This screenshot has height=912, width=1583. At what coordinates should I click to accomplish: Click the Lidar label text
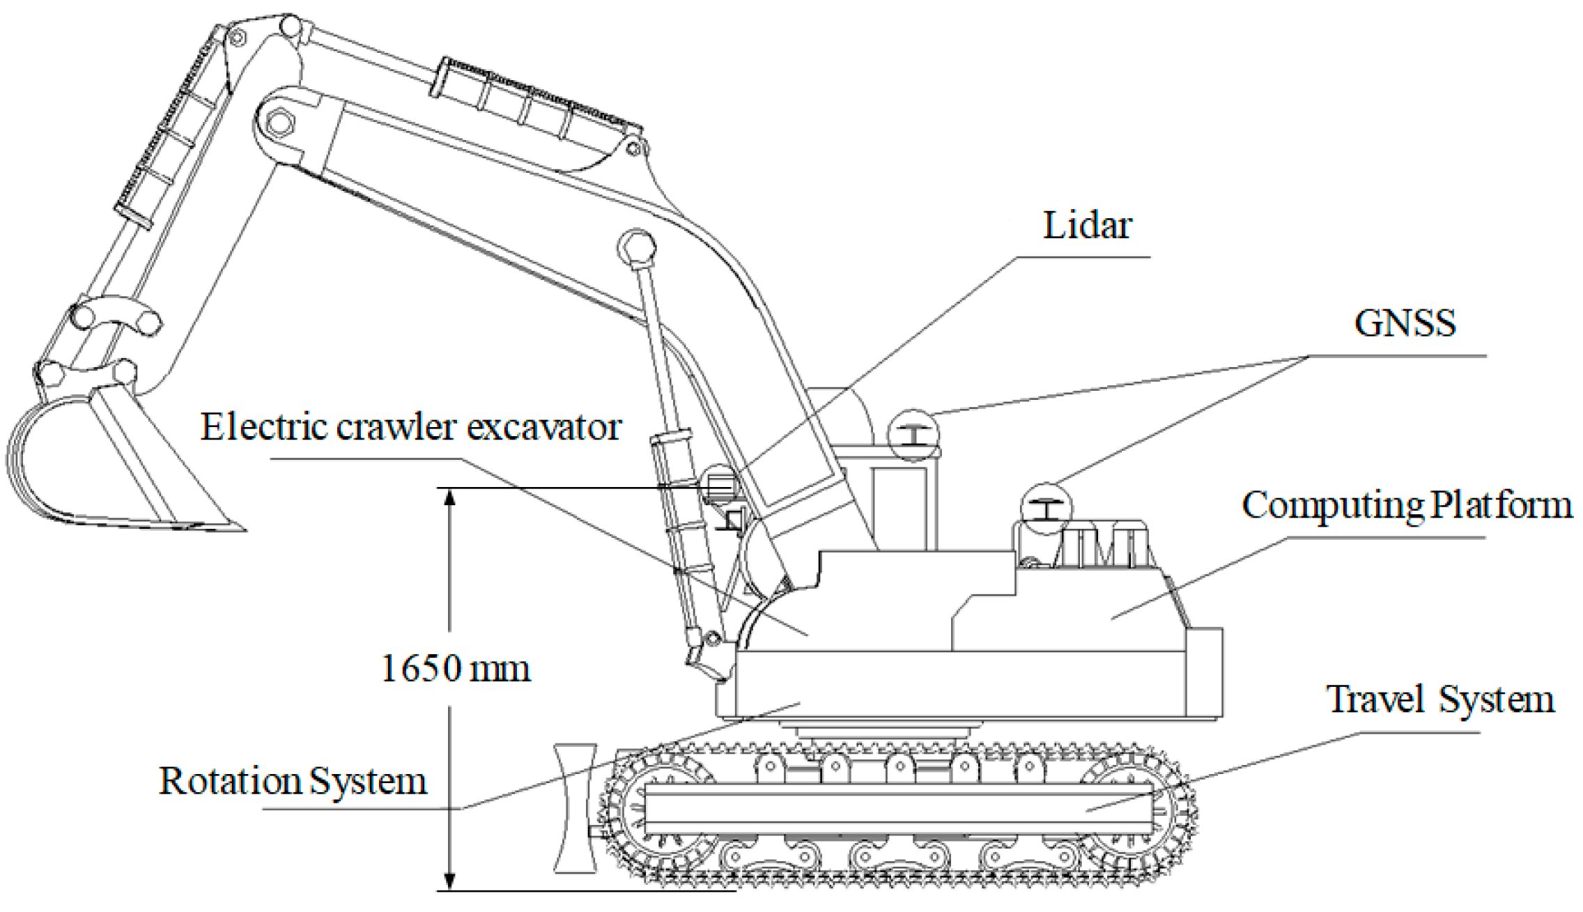pyautogui.click(x=1086, y=226)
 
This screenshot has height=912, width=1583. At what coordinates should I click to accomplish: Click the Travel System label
pyautogui.click(x=1439, y=700)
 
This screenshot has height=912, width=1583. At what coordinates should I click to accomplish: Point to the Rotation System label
pyautogui.click(x=293, y=781)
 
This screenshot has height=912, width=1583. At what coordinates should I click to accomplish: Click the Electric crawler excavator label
pyautogui.click(x=411, y=427)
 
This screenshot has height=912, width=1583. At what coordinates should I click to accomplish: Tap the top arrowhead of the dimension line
pyautogui.click(x=450, y=497)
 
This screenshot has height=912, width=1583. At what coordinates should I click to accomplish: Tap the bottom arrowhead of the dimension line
pyautogui.click(x=450, y=881)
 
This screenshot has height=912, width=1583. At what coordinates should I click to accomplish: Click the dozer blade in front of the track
pyautogui.click(x=575, y=808)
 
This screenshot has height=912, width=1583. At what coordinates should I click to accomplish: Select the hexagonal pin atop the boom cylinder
pyautogui.click(x=636, y=249)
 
